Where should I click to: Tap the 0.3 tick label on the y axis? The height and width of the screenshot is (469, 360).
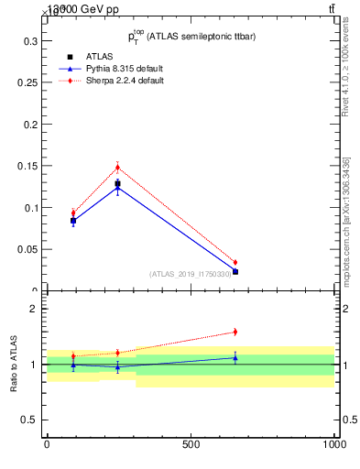click(29, 42)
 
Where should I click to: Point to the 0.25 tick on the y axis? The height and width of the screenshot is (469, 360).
click(27, 83)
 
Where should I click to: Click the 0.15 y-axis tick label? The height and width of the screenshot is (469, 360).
click(27, 167)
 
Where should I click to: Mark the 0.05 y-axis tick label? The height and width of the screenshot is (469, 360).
click(27, 249)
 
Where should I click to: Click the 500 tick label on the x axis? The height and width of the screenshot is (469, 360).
click(191, 444)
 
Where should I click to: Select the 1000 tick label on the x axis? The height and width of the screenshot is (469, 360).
click(334, 444)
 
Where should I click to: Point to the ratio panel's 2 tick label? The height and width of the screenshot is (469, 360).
click(34, 309)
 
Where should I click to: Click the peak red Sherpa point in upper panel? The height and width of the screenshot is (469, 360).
click(117, 167)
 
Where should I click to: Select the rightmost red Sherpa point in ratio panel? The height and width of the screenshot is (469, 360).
click(235, 332)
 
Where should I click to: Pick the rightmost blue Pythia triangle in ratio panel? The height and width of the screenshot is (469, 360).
click(235, 357)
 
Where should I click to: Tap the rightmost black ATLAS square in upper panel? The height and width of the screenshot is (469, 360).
click(235, 272)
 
